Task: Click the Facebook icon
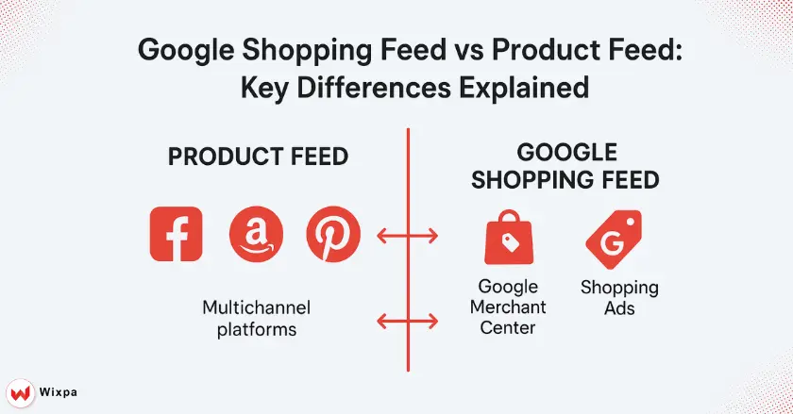(x=176, y=234)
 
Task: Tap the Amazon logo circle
(x=256, y=234)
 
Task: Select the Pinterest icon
(x=333, y=234)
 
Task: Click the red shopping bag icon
(x=508, y=237)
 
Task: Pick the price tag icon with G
(x=614, y=240)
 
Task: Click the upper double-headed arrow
(x=408, y=236)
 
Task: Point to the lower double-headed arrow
(x=408, y=321)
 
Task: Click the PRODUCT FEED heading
(x=258, y=157)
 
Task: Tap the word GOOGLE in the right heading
(x=567, y=152)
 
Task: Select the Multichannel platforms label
(x=257, y=319)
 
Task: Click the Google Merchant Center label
(x=508, y=306)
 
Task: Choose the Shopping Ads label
(x=619, y=298)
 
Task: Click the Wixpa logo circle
(x=20, y=392)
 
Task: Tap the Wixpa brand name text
(x=59, y=392)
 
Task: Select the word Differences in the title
(x=374, y=87)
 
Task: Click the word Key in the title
(x=264, y=88)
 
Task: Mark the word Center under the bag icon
(x=508, y=327)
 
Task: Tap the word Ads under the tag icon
(x=619, y=308)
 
